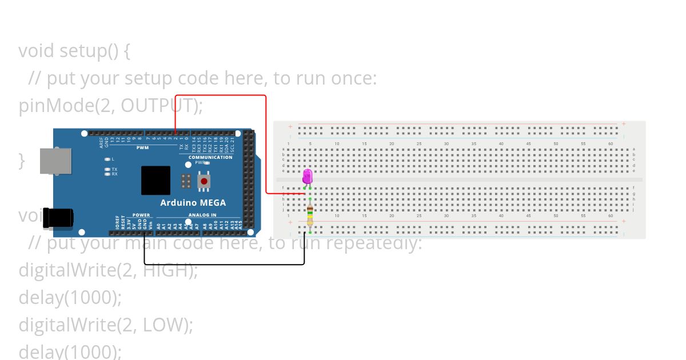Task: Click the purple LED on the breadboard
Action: click(308, 176)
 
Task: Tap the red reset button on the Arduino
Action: click(204, 182)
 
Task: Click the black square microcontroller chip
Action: click(155, 180)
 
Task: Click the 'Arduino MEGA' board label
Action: click(193, 203)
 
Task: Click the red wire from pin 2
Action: click(266, 143)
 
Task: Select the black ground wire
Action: click(223, 264)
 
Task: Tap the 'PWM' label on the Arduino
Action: click(142, 147)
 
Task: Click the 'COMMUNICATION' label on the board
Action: click(210, 157)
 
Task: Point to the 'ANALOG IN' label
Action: click(202, 215)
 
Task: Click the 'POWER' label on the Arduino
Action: click(141, 215)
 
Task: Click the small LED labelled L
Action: click(107, 159)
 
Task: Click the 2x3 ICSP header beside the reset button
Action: click(185, 181)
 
